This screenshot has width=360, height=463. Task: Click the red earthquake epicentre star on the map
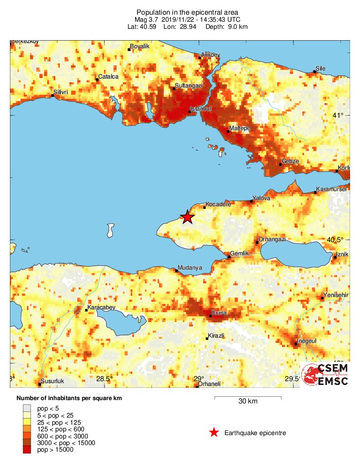[188, 217]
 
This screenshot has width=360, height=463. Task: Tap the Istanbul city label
[200, 109]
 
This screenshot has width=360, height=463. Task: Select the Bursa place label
[219, 313]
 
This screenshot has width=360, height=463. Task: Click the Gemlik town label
[240, 253]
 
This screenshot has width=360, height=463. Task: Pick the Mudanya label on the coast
[190, 267]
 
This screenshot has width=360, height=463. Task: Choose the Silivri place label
[61, 92]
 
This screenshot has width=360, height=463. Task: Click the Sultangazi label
[189, 85]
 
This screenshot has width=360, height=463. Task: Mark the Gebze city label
[290, 161]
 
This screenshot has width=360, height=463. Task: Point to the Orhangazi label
[272, 239]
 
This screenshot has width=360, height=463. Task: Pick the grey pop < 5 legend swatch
[27, 408]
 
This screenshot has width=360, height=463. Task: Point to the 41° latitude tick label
[337, 115]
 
